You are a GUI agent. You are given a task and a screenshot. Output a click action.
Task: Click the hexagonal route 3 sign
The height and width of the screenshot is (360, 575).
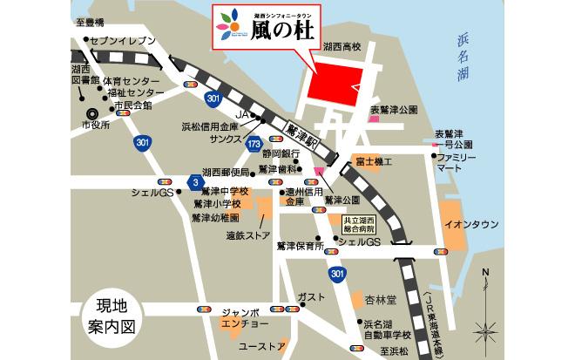coord(193,180)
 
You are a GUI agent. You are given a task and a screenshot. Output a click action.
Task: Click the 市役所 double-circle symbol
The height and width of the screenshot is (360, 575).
coord(93,112)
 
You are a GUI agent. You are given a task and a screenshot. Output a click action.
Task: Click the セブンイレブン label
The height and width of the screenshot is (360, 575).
coord(121,41)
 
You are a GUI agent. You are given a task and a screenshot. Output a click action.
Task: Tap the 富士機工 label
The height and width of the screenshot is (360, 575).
coord(373,163)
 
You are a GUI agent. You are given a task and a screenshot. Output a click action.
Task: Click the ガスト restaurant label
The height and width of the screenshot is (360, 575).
coord(311,296)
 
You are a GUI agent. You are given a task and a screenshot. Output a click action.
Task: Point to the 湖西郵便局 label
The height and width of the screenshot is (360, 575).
coord(226,172)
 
